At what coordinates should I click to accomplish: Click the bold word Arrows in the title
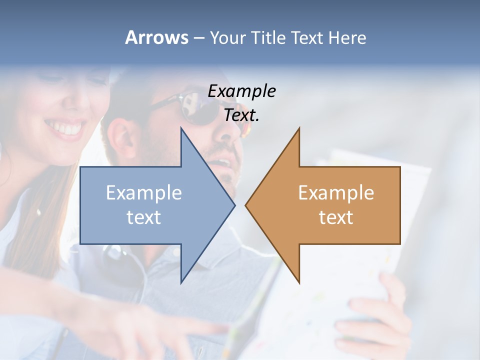[156, 37]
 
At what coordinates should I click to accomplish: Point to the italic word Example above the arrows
[241, 91]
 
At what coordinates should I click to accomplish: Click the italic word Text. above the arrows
[241, 115]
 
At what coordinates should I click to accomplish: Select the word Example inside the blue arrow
[143, 193]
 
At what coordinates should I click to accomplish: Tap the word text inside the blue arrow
[143, 217]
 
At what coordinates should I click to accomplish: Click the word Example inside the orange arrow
[336, 193]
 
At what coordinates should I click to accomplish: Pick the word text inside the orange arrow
[336, 217]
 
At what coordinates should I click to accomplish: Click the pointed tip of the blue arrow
[234, 205]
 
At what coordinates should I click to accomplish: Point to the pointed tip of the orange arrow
[246, 205]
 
